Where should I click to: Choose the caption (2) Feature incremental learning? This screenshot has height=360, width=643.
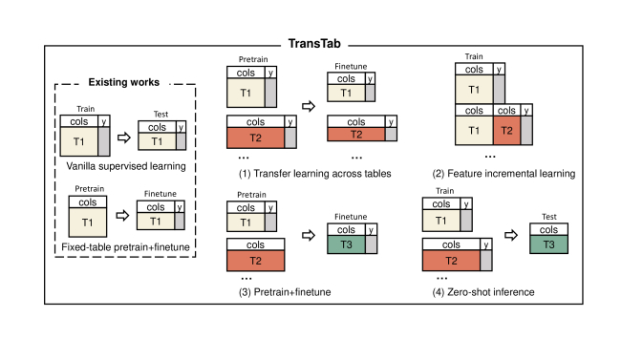coord(504,174)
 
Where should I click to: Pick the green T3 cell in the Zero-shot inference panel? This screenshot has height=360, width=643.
coord(548,244)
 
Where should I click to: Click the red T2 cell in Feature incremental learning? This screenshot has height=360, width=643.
coord(507,131)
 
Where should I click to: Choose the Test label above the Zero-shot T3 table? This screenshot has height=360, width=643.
coord(548,216)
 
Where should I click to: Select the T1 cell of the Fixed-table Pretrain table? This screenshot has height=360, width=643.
coord(87,222)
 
